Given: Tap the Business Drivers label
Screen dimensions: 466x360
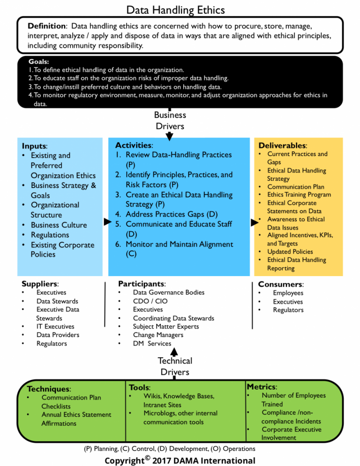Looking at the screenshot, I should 170,120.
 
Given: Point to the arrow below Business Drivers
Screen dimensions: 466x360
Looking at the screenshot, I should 170,135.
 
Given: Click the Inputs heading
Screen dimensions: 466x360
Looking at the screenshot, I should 34,146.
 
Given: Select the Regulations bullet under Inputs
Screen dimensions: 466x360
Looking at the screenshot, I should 50,235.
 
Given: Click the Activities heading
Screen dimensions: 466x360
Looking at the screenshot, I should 134,145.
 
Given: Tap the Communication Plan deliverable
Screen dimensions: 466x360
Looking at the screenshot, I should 295,187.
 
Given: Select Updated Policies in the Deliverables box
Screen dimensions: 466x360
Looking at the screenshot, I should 290,251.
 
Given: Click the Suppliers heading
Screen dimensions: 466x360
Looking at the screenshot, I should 40,284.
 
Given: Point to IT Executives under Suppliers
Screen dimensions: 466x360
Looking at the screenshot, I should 55,326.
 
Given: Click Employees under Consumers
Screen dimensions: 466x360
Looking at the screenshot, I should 288,293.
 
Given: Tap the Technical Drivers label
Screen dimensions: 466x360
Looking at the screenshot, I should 175,366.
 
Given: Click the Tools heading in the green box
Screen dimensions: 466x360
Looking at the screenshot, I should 140,387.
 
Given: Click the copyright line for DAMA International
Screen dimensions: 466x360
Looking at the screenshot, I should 180,460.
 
